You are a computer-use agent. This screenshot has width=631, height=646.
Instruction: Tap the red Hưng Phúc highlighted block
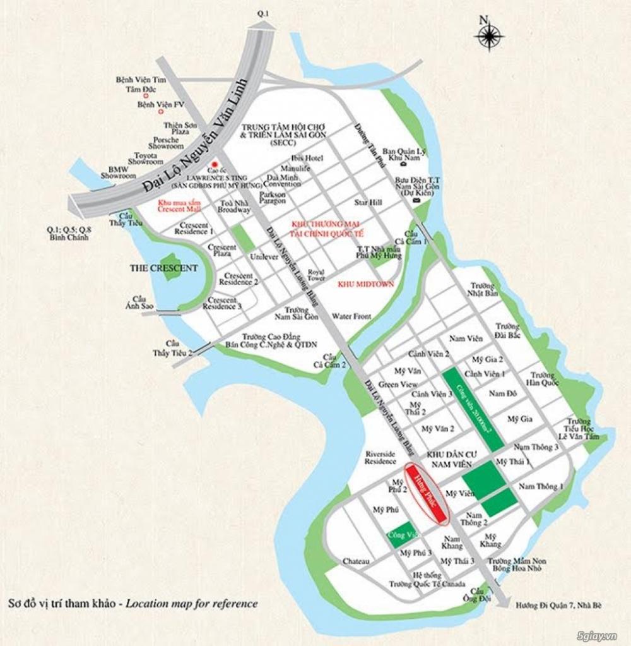coord(427,495)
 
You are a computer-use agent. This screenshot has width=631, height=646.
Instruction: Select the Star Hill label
coord(368,203)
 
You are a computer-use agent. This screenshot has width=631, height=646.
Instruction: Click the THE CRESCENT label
coord(163,268)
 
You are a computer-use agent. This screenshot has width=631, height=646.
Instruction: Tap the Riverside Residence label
coord(380,457)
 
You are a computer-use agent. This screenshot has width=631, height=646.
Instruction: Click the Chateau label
coord(356,561)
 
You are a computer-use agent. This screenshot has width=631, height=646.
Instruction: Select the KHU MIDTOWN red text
coord(366,284)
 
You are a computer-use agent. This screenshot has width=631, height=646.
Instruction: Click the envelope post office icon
coord(416,200)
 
